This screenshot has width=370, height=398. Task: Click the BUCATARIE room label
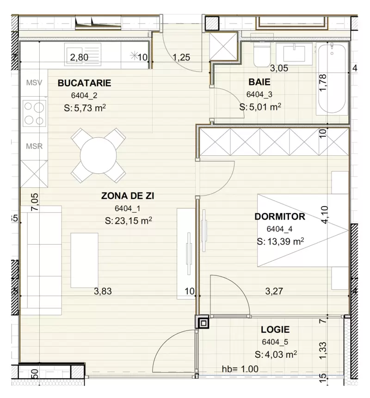click(x=84, y=84)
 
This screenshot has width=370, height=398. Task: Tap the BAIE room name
click(x=259, y=83)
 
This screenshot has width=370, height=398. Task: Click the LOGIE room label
click(x=275, y=330)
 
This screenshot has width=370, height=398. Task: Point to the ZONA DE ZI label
click(x=128, y=196)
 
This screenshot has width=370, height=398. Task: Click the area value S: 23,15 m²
click(x=128, y=221)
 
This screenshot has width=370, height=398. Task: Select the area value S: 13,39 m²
click(x=280, y=241)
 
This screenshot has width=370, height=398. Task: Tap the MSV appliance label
click(x=34, y=83)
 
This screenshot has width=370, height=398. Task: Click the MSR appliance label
click(x=34, y=147)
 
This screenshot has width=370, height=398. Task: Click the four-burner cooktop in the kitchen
click(x=34, y=113)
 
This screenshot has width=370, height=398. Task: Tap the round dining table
click(x=99, y=155)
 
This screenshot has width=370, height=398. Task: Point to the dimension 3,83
click(x=103, y=291)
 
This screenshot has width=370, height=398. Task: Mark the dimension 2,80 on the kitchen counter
click(x=79, y=58)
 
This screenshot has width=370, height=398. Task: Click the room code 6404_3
click(x=259, y=94)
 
